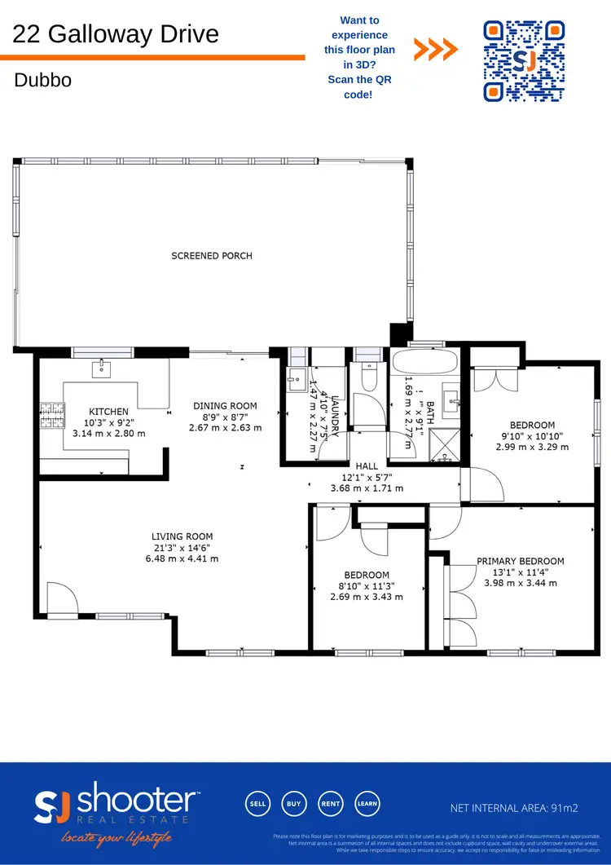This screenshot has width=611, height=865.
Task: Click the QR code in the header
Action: coord(525,61)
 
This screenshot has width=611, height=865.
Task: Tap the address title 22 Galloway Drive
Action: coord(116,34)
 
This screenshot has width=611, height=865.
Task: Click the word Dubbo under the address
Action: coord(42,81)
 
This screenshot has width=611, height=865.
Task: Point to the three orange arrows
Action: coord(435,51)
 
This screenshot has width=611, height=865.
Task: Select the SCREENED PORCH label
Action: coord(211,255)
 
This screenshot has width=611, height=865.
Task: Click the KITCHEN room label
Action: coord(109,412)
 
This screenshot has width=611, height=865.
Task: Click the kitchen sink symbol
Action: coord(101,370)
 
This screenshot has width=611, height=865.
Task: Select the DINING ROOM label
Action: coord(225,406)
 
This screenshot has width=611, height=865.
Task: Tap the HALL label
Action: coord(367,466)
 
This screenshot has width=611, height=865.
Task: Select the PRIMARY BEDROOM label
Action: coord(520,561)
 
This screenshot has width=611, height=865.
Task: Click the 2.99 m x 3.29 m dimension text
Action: coord(532,447)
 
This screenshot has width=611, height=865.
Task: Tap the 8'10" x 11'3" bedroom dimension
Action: coord(366,585)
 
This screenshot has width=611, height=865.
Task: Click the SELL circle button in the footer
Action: coord(258,803)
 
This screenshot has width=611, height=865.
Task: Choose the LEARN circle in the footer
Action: coord(366,803)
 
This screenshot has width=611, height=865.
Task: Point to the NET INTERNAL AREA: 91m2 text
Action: coord(514,808)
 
